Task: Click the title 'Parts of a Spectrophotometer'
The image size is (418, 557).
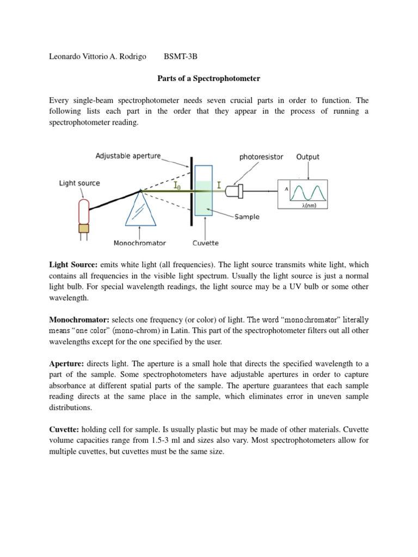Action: pyautogui.click(x=209, y=78)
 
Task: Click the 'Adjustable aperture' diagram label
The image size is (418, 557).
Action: pyautogui.click(x=128, y=156)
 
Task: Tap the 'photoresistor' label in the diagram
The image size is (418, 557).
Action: pyautogui.click(x=261, y=157)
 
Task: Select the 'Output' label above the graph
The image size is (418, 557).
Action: pyautogui.click(x=308, y=157)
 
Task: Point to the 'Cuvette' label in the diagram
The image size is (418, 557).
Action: pyautogui.click(x=206, y=243)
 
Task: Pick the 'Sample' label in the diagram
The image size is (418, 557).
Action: pyautogui.click(x=247, y=216)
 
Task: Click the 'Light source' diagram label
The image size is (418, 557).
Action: pyautogui.click(x=79, y=183)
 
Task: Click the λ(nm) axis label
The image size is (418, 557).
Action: pyautogui.click(x=309, y=205)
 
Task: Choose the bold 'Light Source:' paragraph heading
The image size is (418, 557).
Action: pyautogui.click(x=71, y=264)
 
